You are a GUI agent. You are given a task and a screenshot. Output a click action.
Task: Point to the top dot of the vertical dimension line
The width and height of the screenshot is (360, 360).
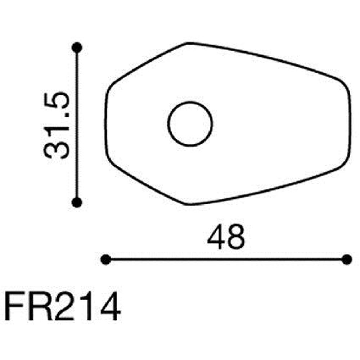pos(77,48)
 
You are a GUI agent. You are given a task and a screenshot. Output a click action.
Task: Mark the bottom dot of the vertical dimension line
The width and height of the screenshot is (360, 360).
pos(77,203)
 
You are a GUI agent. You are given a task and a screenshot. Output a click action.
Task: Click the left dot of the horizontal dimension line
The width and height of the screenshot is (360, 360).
pos(105,259)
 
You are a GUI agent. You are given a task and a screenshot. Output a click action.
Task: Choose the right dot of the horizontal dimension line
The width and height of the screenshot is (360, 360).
pos(347,259)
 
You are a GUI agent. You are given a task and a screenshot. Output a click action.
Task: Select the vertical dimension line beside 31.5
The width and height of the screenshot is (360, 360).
pos(77,125)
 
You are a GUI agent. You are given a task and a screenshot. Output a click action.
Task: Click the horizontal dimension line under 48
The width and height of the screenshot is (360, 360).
pos(226,259)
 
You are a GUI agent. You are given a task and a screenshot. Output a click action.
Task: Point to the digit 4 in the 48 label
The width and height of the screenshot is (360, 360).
pos(217,238)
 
